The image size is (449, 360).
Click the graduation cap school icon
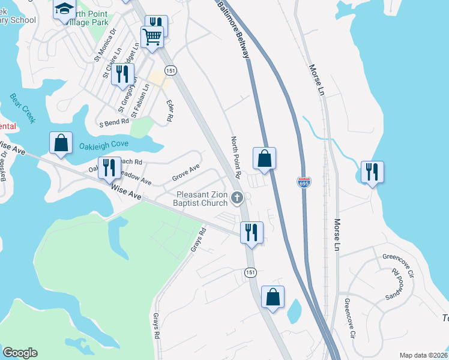pos(64,10)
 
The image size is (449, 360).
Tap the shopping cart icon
pos(152,37)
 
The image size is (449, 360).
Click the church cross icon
pos(238,197)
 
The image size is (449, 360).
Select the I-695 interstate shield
pos(304,182)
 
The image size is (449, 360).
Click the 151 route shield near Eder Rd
pos(172,70)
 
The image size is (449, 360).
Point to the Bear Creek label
pos(23,108)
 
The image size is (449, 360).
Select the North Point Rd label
pos(236,158)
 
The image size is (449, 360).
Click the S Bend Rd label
pos(114,121)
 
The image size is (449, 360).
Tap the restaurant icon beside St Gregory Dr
pos(122,74)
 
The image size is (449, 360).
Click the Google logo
pos(20,353)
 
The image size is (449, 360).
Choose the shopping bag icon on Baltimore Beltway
pos(264,158)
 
